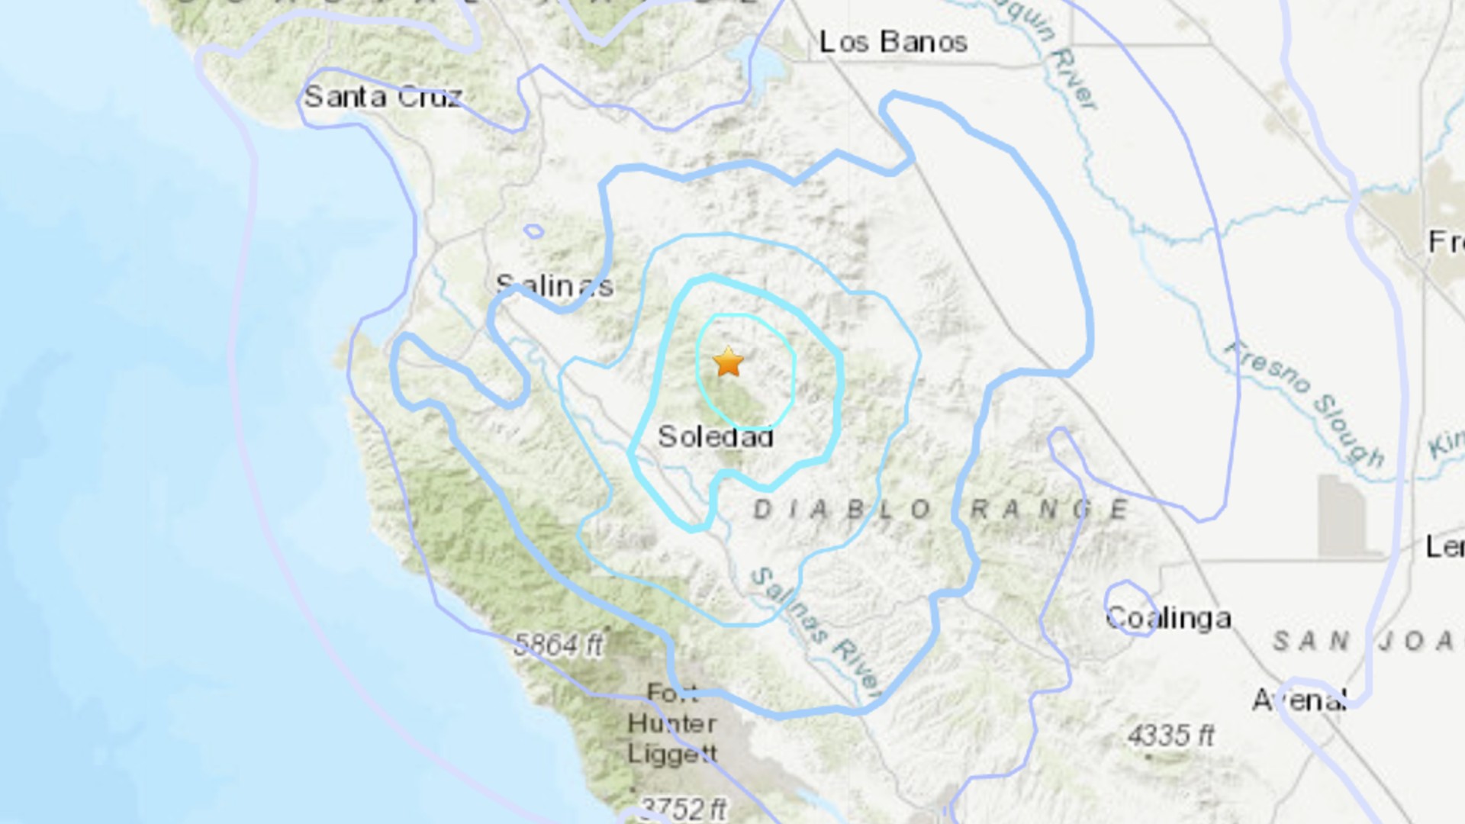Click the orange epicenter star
(729, 362)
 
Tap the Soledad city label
(716, 437)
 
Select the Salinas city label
(555, 286)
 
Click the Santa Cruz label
(383, 97)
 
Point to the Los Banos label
(893, 42)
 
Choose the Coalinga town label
(1168, 618)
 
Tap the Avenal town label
(1299, 700)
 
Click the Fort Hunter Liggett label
(671, 723)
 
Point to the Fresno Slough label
(1305, 403)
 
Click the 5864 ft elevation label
(559, 645)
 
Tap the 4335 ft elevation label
(1170, 735)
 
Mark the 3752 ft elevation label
(682, 808)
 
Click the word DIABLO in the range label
(842, 510)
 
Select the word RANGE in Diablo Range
(1049, 510)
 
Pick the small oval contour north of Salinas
(534, 230)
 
